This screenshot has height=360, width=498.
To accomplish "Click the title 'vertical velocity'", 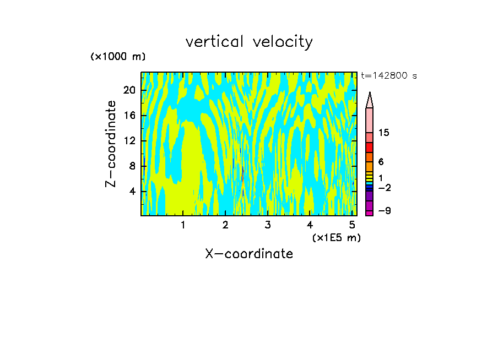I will (249, 42).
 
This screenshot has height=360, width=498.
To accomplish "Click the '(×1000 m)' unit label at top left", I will (118, 57).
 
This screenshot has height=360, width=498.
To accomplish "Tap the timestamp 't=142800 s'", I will (389, 76).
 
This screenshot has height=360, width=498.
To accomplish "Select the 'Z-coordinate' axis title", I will (112, 144).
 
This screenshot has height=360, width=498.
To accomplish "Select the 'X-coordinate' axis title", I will (249, 254).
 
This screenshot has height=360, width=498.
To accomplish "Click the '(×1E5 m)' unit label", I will (336, 237).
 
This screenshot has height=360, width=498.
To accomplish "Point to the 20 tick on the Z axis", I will (129, 90).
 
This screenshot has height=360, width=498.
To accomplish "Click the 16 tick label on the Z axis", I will (129, 116).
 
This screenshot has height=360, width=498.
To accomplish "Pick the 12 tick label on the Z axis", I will (129, 141).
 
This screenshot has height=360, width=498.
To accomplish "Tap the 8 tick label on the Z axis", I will (132, 166).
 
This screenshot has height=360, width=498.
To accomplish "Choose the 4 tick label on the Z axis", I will (132, 192).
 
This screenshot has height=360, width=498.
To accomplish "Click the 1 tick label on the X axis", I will (183, 225).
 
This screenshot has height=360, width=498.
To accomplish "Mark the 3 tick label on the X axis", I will (268, 225).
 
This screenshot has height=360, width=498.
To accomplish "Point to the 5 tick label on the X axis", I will (352, 225).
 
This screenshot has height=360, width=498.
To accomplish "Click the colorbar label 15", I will (384, 133).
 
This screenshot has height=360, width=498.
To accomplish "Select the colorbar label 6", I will (381, 162).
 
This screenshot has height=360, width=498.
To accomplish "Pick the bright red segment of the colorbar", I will (369, 148).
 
